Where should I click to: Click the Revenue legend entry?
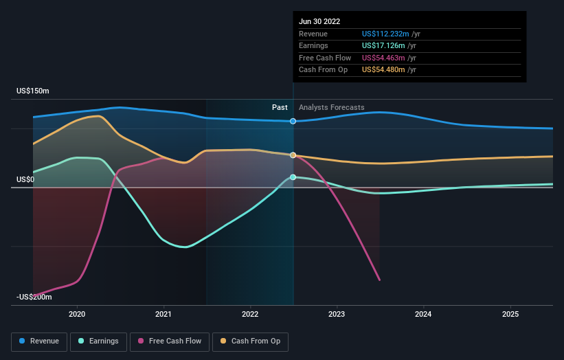(38, 341)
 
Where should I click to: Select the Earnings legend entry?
(98, 341)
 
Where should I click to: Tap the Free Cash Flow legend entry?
(170, 341)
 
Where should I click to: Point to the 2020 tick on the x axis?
(77, 314)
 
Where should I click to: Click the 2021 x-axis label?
(163, 314)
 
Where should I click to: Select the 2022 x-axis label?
(250, 314)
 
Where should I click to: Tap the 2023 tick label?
(337, 314)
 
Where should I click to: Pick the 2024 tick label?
(423, 314)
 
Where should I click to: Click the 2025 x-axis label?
(510, 314)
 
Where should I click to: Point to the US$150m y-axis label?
(33, 91)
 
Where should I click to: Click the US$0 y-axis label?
(25, 179)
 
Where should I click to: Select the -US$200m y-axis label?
(34, 297)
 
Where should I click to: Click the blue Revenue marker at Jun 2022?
(293, 121)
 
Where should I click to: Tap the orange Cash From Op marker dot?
(293, 155)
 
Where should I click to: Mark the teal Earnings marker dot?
(293, 177)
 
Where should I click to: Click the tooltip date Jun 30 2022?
(319, 21)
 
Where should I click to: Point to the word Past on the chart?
(280, 107)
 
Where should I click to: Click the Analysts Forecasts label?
(332, 107)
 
